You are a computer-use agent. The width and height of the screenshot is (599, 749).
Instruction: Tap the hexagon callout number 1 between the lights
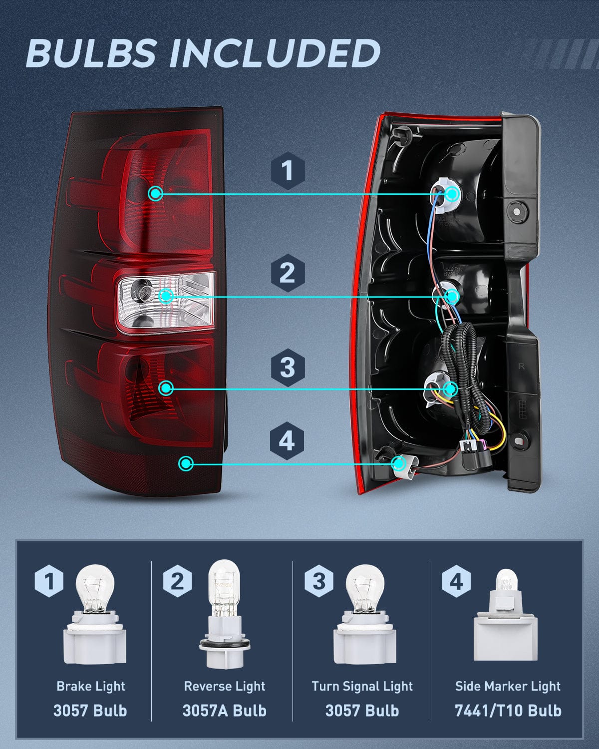coord(288,171)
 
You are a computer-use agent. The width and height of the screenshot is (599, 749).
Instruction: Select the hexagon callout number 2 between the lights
coord(288,273)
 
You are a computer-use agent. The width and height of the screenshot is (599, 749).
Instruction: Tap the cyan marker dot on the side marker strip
coord(186,464)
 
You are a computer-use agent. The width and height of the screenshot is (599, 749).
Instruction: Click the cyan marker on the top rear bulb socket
coord(452,194)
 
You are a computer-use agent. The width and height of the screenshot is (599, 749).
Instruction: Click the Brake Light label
coord(90,686)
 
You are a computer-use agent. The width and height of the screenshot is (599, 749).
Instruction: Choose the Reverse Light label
coord(224,686)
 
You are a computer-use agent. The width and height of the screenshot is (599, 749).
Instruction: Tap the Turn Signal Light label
coord(362,686)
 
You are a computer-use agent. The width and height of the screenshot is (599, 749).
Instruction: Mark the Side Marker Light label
coord(508,686)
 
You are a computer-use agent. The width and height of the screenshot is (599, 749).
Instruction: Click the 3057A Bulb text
coord(224,710)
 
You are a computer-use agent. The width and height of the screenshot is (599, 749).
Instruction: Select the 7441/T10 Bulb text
coord(508,710)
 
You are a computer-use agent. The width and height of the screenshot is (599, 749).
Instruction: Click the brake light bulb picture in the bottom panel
coord(94,619)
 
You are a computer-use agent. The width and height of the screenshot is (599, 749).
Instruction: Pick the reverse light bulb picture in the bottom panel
coord(224,614)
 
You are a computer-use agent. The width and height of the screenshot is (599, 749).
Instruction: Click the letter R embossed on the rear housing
coord(522,367)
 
